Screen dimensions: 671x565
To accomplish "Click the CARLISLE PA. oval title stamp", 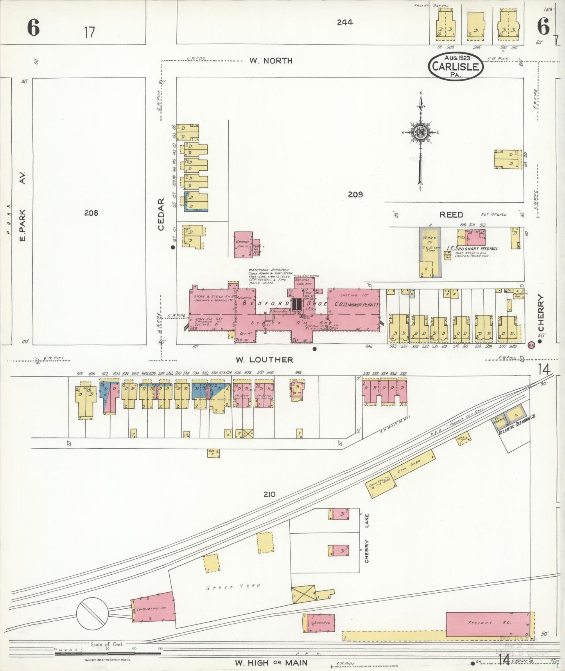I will pyautogui.click(x=456, y=66).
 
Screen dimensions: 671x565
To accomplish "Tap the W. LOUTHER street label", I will pyautogui.click(x=264, y=360).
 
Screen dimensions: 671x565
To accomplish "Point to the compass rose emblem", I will pyautogui.click(x=421, y=133).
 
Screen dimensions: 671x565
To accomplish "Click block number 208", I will pyautogui.click(x=91, y=213).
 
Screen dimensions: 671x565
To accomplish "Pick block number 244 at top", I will pyautogui.click(x=345, y=23).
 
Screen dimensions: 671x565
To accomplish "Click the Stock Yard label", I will pyautogui.click(x=233, y=587).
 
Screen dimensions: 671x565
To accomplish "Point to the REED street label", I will pyautogui.click(x=451, y=215).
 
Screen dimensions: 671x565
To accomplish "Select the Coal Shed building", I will pyautogui.click(x=410, y=468).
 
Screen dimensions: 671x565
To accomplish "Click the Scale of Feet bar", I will pyautogui.click(x=108, y=653).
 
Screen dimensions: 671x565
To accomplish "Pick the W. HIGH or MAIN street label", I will pyautogui.click(x=271, y=663).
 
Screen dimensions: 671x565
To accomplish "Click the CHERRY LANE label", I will pyautogui.click(x=366, y=540).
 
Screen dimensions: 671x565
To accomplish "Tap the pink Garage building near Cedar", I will pyautogui.click(x=243, y=245).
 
